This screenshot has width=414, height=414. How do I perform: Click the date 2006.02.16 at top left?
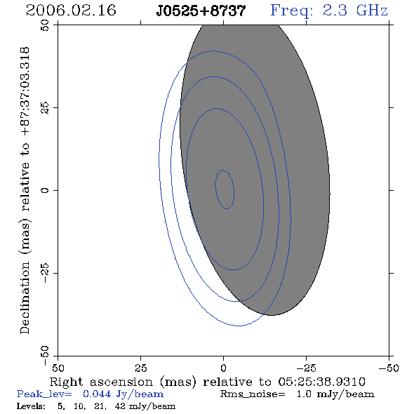click(x=71, y=11)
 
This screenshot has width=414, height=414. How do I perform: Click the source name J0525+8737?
click(x=201, y=11)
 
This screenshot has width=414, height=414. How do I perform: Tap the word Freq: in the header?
click(x=292, y=11)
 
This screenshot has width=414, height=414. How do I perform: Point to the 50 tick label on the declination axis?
click(x=45, y=25)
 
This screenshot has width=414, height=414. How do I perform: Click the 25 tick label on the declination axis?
click(x=45, y=108)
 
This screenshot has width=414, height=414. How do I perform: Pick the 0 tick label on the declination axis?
click(x=45, y=190)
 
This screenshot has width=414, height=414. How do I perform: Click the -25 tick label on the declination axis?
click(x=45, y=273)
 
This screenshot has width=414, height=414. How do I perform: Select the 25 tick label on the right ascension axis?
click(x=140, y=368)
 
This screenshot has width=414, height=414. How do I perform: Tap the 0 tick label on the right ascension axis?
click(x=223, y=368)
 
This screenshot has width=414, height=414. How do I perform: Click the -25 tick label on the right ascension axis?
click(x=306, y=368)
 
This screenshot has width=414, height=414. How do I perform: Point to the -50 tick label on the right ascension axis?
click(x=389, y=368)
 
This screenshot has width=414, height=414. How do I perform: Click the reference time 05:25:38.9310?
click(x=321, y=382)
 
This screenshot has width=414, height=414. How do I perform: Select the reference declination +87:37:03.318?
click(x=25, y=91)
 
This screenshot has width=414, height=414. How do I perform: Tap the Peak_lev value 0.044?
click(x=97, y=394)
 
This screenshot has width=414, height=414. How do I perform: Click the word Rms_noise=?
click(x=253, y=394)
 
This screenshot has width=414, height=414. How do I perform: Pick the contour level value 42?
click(x=120, y=406)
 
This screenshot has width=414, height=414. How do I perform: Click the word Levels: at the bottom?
click(x=31, y=406)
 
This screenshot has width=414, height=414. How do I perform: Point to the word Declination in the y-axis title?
click(x=25, y=298)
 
